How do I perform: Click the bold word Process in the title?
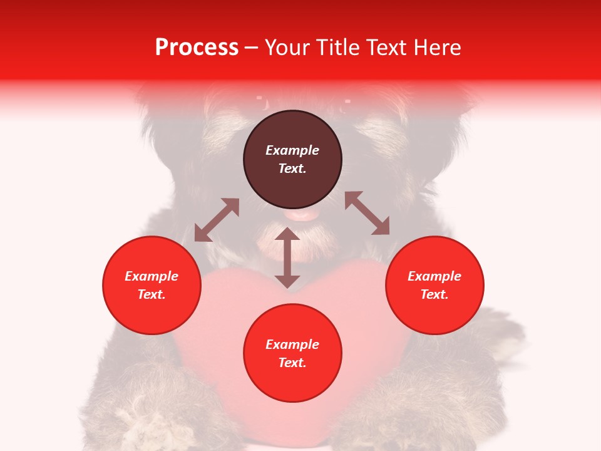(x=197, y=48)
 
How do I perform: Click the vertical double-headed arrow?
(x=287, y=257)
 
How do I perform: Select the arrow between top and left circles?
(x=217, y=220)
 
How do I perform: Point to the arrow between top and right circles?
(x=367, y=214)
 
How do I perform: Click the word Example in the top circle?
(x=292, y=150)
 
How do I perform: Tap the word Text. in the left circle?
(x=152, y=294)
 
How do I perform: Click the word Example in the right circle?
(x=434, y=276)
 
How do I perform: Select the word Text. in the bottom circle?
(x=292, y=363)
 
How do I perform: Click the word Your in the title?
(x=287, y=48)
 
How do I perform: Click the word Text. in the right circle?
(x=434, y=294)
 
